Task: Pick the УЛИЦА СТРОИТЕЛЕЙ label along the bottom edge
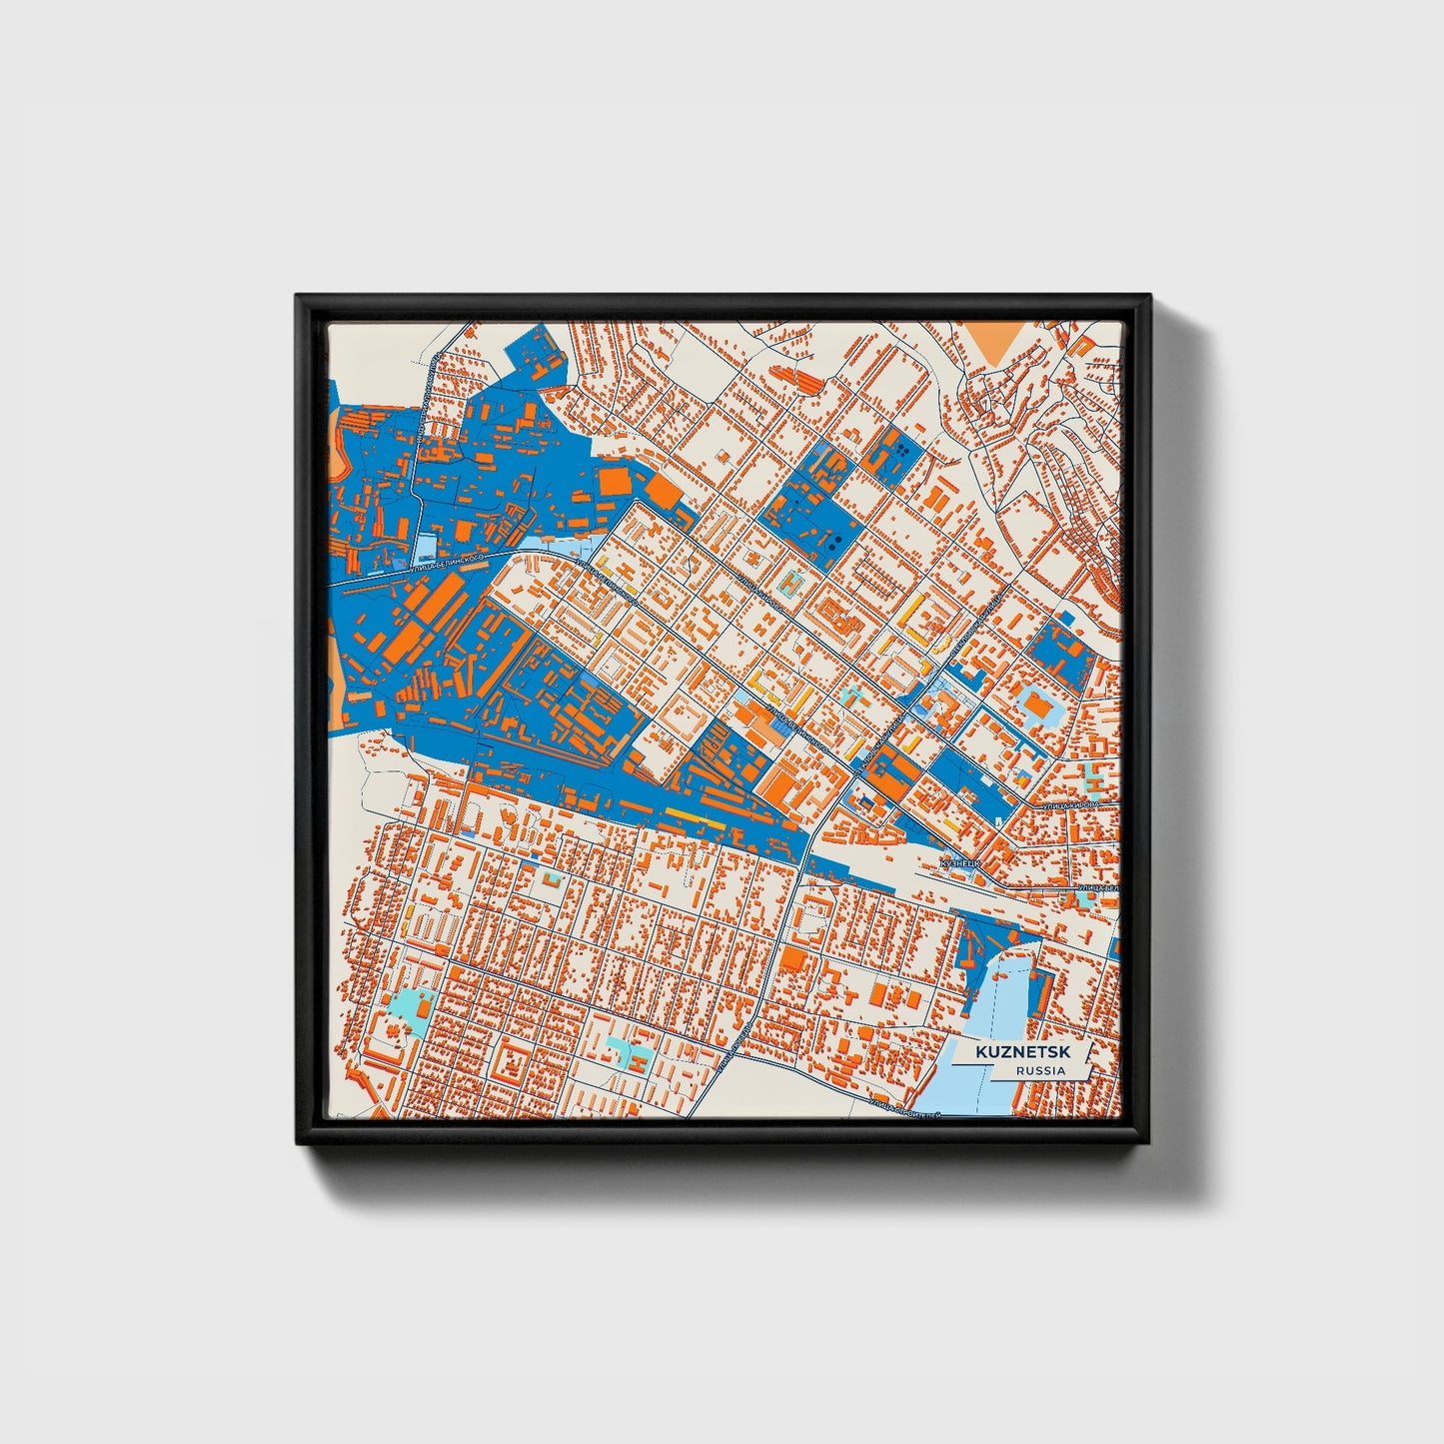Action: (904, 1105)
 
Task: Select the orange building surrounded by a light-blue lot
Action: (1034, 708)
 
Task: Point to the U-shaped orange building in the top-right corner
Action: (1082, 344)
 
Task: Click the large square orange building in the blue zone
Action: (614, 483)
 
